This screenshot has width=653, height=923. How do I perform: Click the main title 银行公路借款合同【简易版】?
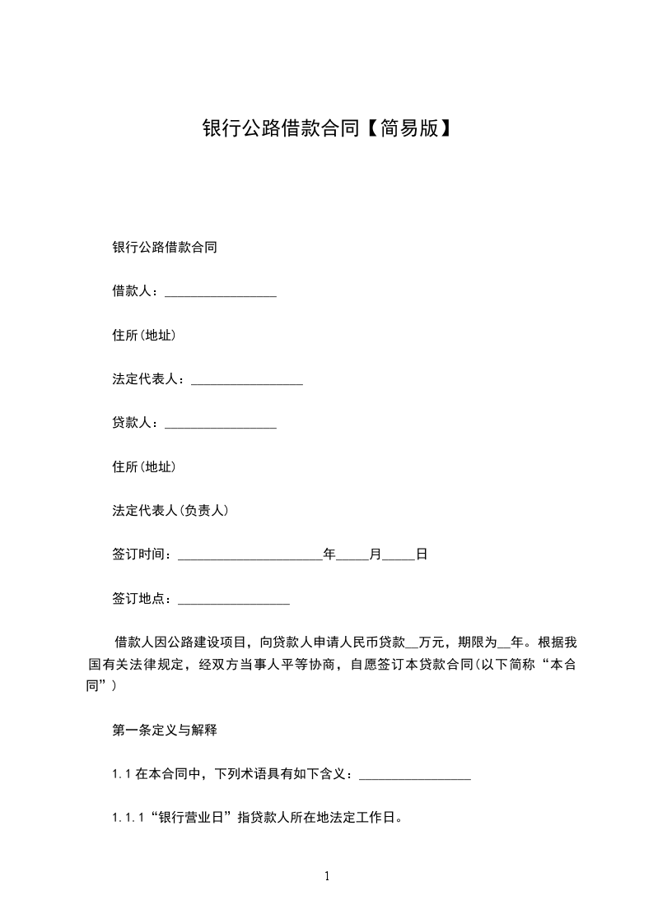[326, 128]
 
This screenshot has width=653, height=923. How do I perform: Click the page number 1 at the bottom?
[327, 876]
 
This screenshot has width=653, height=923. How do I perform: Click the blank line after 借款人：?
[221, 294]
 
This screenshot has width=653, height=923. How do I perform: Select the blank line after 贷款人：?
[221, 425]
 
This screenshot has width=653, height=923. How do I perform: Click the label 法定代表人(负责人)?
[170, 511]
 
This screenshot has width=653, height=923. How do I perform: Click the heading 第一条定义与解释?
[164, 730]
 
